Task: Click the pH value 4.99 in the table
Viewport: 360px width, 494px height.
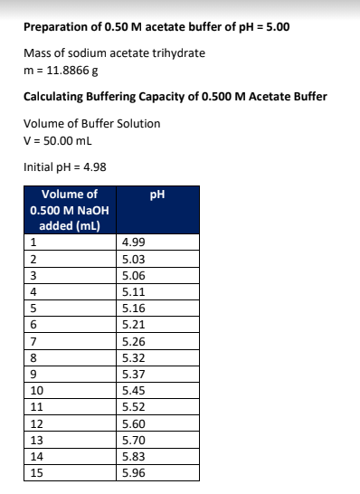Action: [133, 242]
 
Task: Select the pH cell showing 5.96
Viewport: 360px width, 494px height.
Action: [133, 472]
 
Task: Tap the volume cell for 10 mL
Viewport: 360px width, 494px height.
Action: [37, 390]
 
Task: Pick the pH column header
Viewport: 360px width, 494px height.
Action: [160, 195]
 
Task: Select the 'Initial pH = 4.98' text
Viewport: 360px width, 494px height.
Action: [61, 166]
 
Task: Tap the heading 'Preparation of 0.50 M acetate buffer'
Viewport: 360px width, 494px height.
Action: [156, 26]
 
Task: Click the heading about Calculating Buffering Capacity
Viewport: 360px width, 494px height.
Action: [175, 97]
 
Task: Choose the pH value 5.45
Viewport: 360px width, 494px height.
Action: [133, 390]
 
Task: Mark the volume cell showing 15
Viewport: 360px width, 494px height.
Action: [37, 472]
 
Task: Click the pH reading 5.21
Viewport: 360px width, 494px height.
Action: [133, 324]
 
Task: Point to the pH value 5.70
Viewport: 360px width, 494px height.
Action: [133, 440]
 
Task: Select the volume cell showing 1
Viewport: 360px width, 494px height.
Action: [33, 242]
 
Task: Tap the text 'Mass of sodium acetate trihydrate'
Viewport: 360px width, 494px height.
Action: [114, 52]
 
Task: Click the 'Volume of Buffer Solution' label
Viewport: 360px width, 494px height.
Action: [91, 125]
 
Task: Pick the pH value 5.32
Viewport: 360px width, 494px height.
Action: [133, 357]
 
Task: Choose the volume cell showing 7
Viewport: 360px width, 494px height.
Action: [33, 341]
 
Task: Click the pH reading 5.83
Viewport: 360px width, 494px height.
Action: [133, 456]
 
